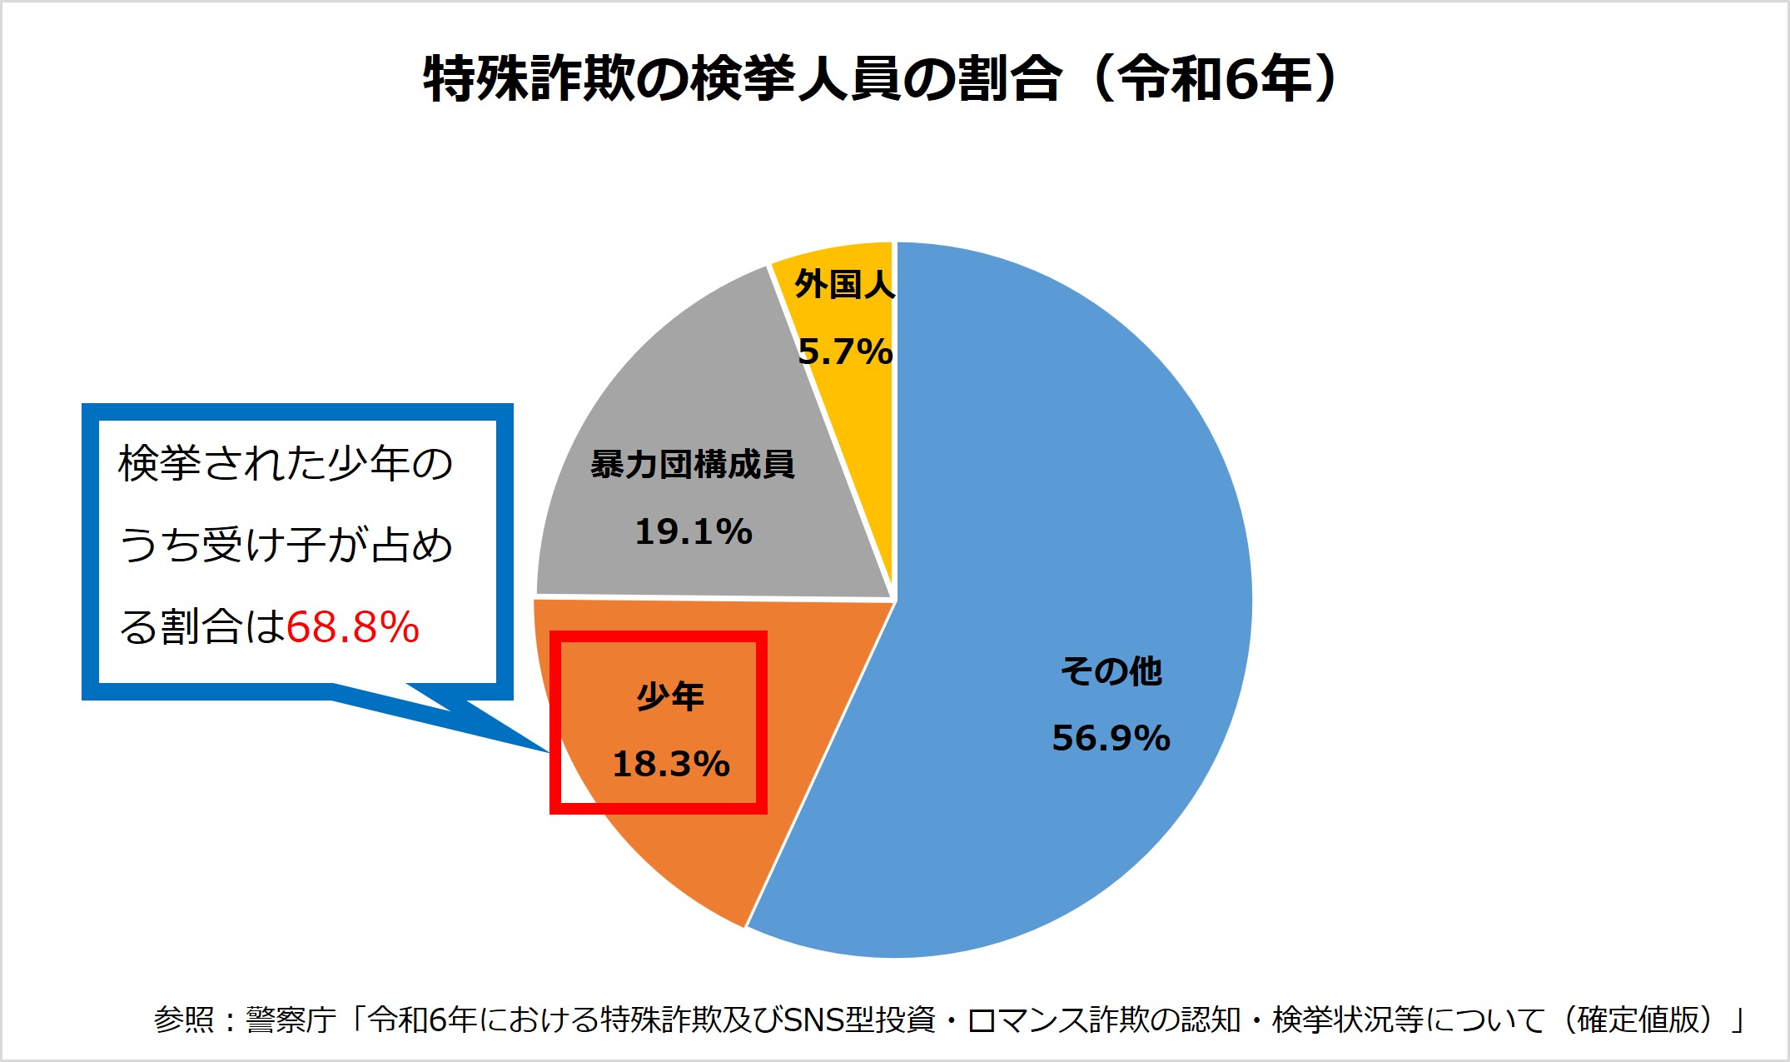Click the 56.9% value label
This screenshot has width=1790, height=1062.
(x=1111, y=739)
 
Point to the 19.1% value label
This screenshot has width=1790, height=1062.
(x=694, y=532)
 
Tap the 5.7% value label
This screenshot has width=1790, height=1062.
(x=845, y=352)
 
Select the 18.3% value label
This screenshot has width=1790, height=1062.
(x=671, y=765)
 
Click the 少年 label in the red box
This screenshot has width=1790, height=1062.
(x=670, y=696)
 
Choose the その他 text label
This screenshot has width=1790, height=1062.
(x=1111, y=671)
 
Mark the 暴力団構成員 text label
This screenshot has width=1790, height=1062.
(x=693, y=465)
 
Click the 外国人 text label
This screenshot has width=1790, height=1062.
(x=844, y=285)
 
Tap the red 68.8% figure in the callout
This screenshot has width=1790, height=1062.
(x=353, y=627)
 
